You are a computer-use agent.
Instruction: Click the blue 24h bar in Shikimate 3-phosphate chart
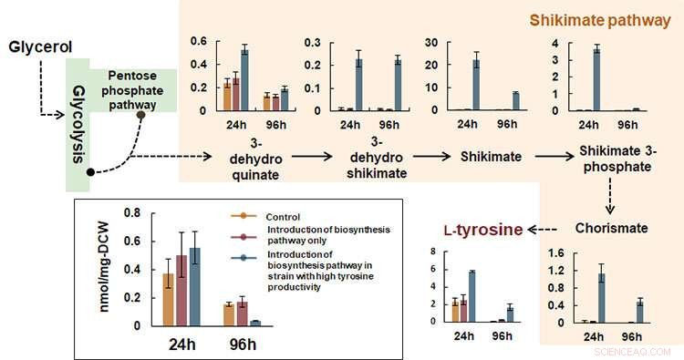[596, 79]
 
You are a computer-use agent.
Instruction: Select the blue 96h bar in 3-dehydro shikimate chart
[398, 85]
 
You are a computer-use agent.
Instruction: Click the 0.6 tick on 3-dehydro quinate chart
[198, 42]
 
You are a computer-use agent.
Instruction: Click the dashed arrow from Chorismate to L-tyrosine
[543, 227]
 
